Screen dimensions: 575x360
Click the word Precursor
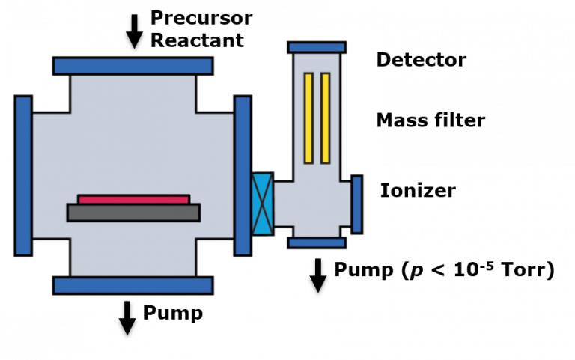click(201, 18)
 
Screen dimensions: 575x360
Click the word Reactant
click(198, 40)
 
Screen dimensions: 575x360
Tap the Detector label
click(422, 59)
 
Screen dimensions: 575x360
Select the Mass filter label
click(431, 120)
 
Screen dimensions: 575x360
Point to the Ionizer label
click(418, 190)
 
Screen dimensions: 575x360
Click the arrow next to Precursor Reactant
click(135, 31)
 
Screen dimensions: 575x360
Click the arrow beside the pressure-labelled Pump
click(318, 275)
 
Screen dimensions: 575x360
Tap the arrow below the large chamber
click(127, 318)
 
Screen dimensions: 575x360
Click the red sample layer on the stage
click(134, 199)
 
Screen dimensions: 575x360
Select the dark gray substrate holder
click(133, 213)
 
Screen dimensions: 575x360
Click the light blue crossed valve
click(263, 204)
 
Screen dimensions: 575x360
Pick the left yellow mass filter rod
click(308, 118)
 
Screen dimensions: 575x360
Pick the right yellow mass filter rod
click(325, 118)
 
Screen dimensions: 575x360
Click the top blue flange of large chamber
click(133, 66)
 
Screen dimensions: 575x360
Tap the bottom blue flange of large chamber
click(133, 286)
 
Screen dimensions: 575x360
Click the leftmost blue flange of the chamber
click(23, 176)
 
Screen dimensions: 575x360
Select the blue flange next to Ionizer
click(357, 204)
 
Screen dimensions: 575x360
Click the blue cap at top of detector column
click(317, 47)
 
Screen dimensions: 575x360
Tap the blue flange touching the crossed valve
click(243, 176)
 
